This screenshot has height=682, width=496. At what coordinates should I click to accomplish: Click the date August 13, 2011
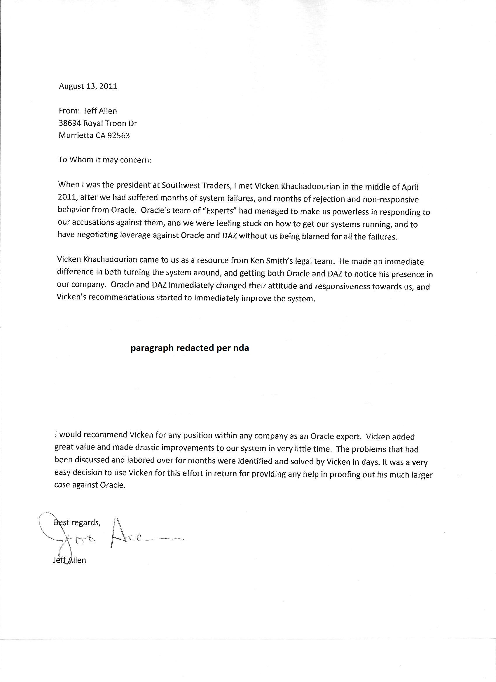coord(88,86)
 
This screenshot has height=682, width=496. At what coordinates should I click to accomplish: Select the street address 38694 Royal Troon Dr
coord(98,123)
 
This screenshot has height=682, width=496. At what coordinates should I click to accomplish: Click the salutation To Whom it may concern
coord(104,160)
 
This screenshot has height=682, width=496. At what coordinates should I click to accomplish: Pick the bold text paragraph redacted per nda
coord(189,348)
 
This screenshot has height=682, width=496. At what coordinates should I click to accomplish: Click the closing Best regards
coord(77,523)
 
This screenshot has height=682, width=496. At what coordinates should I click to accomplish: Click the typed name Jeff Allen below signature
coord(69,560)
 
